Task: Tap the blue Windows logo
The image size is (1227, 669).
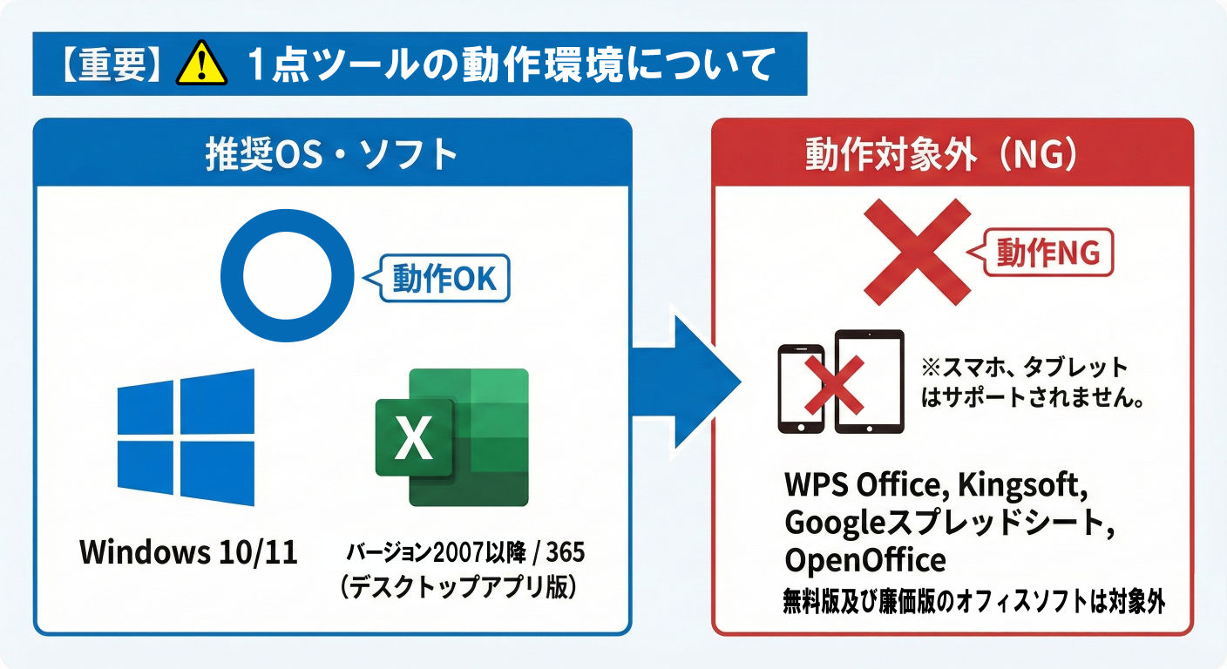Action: (186, 437)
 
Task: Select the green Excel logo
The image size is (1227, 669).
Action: (452, 437)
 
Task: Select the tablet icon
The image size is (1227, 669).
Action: (869, 382)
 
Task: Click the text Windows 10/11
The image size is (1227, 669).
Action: (188, 552)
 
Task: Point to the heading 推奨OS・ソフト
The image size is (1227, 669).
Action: (330, 155)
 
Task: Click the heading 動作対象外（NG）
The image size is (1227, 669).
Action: (952, 155)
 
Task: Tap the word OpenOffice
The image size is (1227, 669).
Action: (864, 559)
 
